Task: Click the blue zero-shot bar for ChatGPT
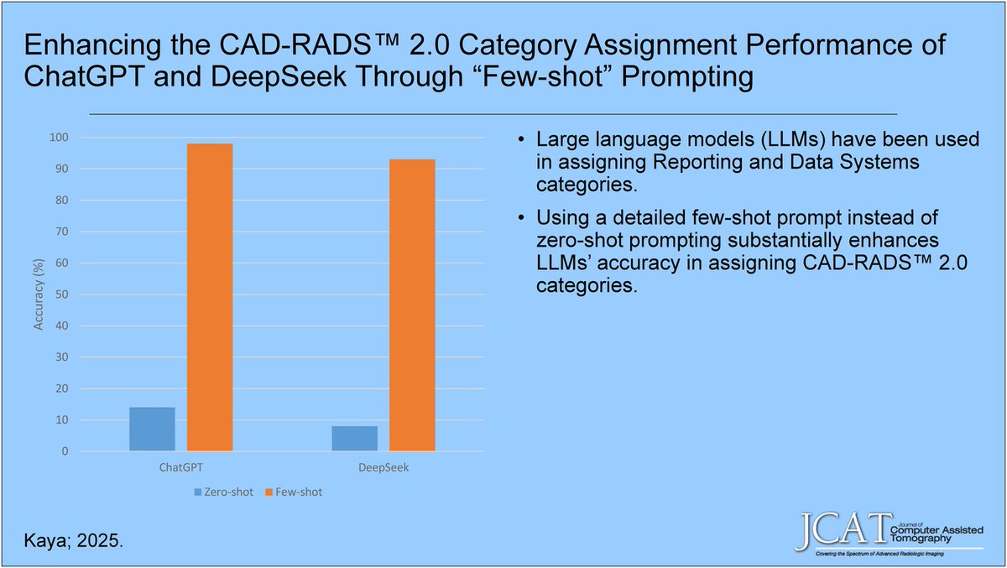point(152,430)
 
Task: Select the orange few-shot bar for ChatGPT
point(209,298)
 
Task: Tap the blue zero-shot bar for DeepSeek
point(354,439)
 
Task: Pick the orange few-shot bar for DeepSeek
point(412,305)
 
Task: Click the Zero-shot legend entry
point(225,492)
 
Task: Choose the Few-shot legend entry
point(294,492)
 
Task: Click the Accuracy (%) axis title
point(39,294)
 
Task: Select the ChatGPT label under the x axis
point(180,467)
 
